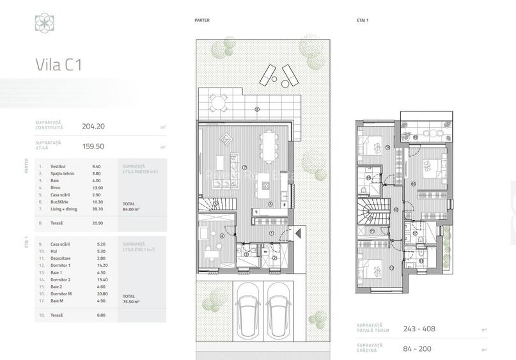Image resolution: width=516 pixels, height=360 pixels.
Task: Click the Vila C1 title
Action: [58, 65]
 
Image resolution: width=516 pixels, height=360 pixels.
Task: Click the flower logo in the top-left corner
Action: [44, 23]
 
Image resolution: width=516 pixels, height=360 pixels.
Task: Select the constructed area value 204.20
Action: [93, 127]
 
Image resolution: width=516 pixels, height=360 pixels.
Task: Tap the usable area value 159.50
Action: [93, 146]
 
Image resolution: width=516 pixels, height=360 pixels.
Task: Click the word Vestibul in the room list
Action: [59, 166]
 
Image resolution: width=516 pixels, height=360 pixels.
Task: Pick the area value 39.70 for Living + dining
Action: [97, 208]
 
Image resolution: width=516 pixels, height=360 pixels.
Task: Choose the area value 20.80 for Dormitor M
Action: [97, 293]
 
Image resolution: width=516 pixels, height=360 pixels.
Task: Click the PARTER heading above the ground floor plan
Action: [202, 20]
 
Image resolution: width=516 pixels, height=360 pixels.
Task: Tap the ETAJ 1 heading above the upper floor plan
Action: [363, 20]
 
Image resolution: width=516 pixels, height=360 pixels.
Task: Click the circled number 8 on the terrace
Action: [257, 109]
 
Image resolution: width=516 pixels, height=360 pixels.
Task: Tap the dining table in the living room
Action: [269, 146]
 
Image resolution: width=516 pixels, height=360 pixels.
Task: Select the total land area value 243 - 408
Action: [419, 329]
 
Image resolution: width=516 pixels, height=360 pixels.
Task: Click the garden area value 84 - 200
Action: [418, 349]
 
